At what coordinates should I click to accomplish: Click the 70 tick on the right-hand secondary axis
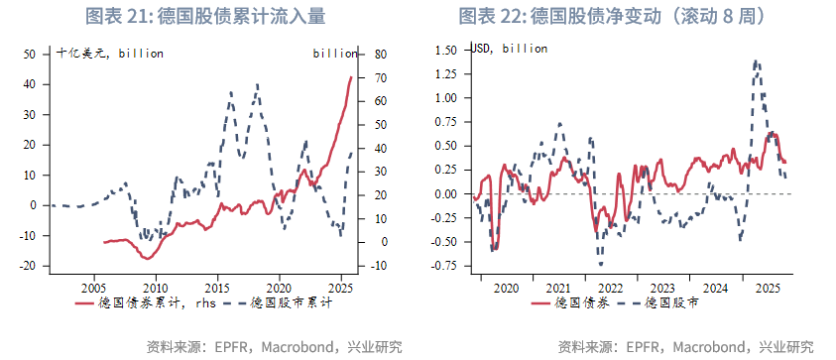pos(378,77)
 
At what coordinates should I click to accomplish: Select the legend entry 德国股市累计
pos(288,302)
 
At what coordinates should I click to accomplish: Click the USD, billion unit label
pos(510,48)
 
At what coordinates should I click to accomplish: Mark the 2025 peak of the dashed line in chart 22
pos(756,60)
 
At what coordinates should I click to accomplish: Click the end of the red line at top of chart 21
pos(351,77)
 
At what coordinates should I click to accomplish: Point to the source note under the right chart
pos(685,346)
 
